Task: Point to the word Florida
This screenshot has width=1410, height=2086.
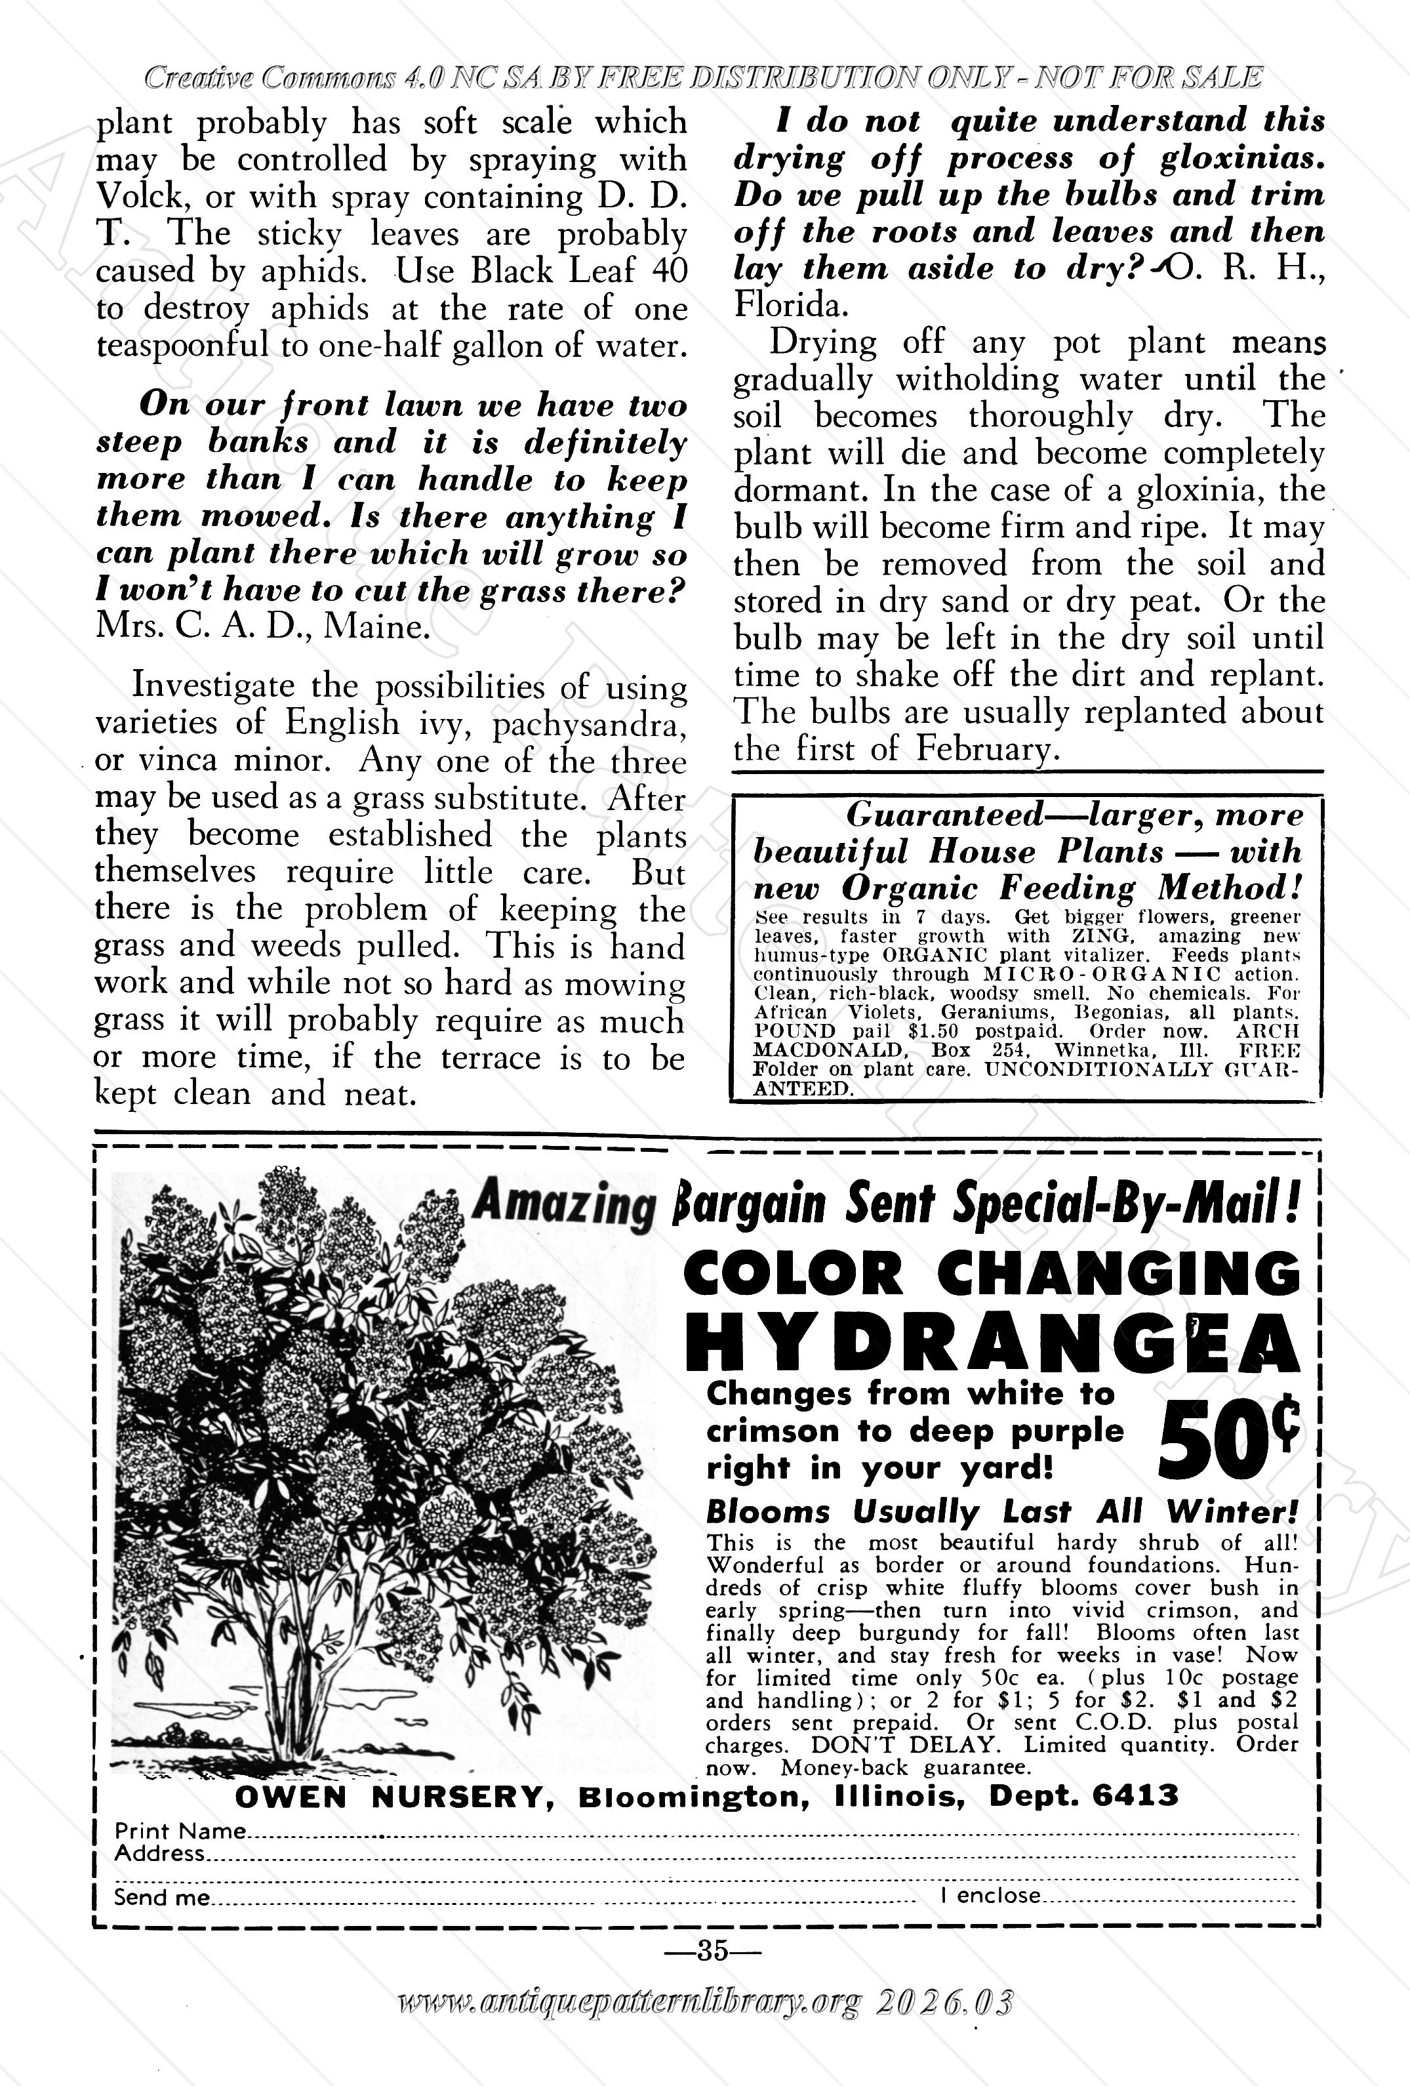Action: [x=789, y=306]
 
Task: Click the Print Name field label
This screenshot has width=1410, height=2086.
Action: [x=180, y=1831]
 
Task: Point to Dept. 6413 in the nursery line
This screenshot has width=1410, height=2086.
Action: [x=1083, y=1796]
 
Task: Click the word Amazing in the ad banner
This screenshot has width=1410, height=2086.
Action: [x=562, y=1206]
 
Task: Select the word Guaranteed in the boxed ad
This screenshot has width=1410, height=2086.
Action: [x=943, y=814]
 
